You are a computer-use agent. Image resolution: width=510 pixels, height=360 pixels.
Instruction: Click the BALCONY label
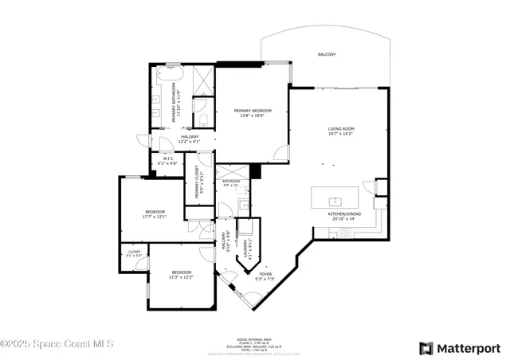click(x=327, y=54)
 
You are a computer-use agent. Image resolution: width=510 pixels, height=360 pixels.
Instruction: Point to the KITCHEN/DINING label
click(x=344, y=216)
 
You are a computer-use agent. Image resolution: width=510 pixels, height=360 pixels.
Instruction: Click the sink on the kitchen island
click(x=336, y=199)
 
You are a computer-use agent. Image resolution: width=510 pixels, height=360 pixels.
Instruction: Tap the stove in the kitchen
click(x=345, y=233)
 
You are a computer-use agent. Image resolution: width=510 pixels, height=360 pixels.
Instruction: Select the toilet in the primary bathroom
click(x=204, y=120)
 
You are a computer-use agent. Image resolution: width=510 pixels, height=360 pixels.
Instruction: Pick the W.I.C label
click(x=169, y=161)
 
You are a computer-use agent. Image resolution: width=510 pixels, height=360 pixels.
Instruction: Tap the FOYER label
click(x=265, y=276)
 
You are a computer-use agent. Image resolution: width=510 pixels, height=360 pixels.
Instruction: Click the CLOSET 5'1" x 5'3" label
click(x=134, y=254)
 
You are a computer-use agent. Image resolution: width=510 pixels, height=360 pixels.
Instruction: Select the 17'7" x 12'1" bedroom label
click(x=155, y=214)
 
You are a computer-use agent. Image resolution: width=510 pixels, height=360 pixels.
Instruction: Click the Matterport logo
click(x=460, y=348)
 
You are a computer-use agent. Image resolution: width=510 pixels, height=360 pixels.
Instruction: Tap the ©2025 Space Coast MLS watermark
click(x=57, y=344)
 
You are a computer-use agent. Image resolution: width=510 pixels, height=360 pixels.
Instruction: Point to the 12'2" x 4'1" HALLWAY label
click(x=190, y=139)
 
